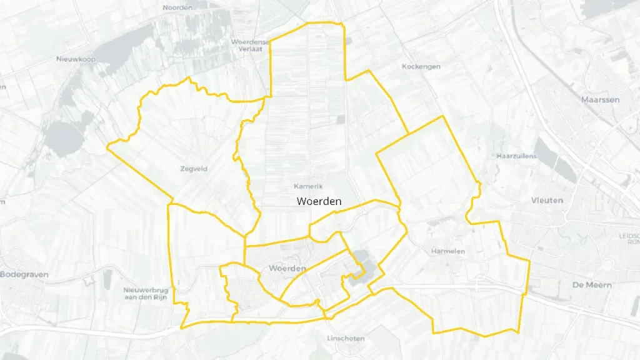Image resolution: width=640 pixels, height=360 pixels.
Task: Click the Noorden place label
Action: [x=177, y=7]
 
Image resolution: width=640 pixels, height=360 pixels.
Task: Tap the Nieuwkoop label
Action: [x=76, y=59]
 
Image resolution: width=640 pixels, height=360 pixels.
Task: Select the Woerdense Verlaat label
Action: [x=251, y=45]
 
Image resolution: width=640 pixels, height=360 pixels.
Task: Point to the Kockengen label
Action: [x=421, y=66]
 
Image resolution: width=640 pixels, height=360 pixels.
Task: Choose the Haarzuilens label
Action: [x=516, y=156]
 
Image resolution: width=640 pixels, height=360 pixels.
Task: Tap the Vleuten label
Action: [x=547, y=201]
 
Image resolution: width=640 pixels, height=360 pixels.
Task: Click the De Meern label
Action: [x=592, y=284]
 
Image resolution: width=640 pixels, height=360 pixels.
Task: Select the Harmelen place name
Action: [x=448, y=251]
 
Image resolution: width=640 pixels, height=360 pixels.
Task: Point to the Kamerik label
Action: [x=308, y=186]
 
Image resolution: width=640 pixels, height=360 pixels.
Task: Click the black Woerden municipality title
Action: [x=319, y=201]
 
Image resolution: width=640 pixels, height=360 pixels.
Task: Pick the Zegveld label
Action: [x=193, y=169]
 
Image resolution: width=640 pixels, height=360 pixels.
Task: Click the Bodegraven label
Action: [x=24, y=274]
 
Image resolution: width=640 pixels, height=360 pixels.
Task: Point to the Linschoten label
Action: [x=346, y=339]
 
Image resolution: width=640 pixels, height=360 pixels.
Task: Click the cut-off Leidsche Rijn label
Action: [x=628, y=239]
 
